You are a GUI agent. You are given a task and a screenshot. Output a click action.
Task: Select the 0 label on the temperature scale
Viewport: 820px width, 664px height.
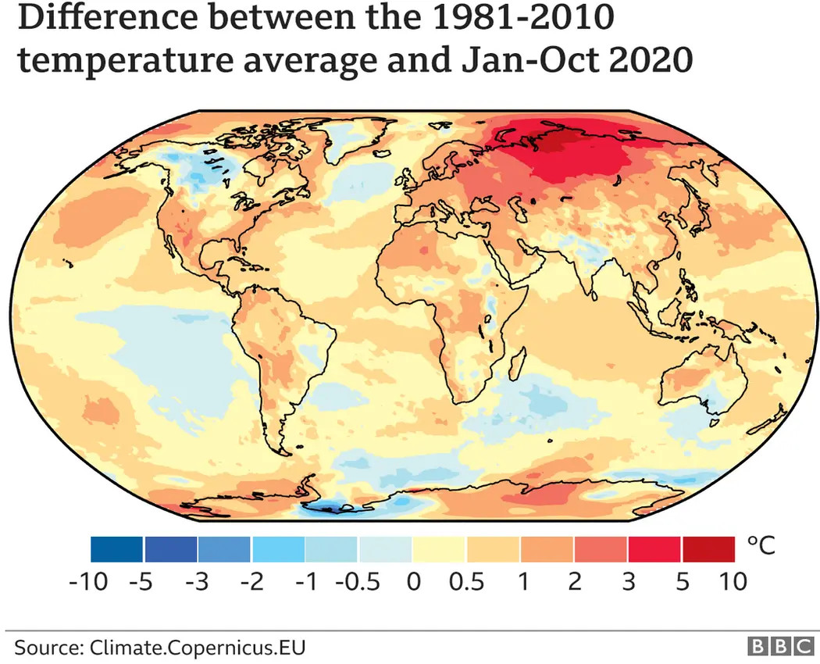coord(414,583)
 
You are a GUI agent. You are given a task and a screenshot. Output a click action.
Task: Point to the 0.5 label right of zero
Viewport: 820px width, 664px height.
coord(466,583)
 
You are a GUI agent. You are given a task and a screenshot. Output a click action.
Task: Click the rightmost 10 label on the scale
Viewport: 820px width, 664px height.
coord(732,583)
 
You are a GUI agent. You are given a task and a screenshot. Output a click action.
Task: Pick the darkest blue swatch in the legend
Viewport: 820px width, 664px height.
coord(116,549)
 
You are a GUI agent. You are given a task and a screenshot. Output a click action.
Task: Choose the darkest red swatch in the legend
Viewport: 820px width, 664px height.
coord(709,549)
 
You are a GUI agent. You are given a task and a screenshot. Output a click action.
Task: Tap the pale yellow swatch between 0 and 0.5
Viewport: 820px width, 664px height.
coord(440,549)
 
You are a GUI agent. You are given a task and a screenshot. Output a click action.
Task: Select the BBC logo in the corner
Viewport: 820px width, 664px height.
coord(780,647)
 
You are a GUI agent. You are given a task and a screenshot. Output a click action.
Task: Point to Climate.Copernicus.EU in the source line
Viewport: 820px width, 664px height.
coord(198,648)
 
